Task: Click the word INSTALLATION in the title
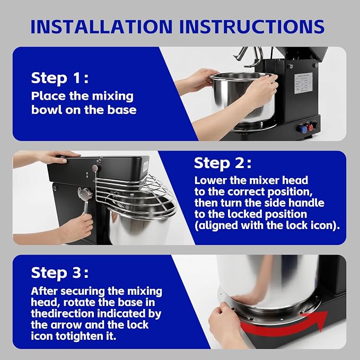pyautogui.click(x=101, y=27)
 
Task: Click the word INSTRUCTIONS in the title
pyautogui.click(x=252, y=27)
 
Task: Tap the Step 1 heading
pyautogui.click(x=60, y=78)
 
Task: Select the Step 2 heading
pyautogui.click(x=223, y=163)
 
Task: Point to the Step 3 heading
pyautogui.click(x=60, y=273)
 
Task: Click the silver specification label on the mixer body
pyautogui.click(x=303, y=83)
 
